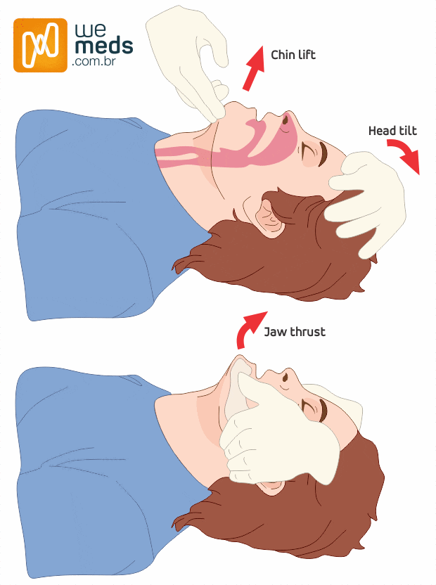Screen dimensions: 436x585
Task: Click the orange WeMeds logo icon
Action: [40, 45]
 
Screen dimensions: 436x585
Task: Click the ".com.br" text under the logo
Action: [94, 62]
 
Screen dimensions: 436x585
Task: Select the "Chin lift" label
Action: [293, 55]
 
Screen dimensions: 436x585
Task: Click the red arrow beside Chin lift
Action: [253, 68]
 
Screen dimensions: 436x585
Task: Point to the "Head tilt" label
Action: [392, 131]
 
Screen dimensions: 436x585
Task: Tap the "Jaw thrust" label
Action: [295, 332]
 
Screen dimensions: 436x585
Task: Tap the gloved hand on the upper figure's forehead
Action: [368, 203]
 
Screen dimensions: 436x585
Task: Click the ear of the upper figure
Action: [268, 218]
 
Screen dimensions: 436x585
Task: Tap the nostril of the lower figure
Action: [286, 376]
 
